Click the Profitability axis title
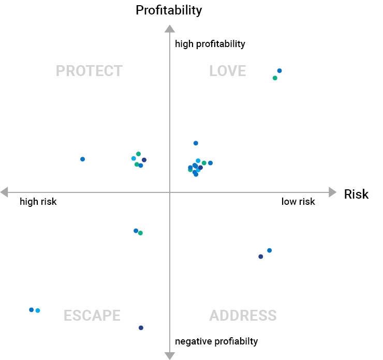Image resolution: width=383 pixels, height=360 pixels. (x=169, y=10)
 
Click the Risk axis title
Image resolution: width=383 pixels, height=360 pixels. (x=356, y=194)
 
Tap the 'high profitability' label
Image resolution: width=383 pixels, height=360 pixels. (x=210, y=44)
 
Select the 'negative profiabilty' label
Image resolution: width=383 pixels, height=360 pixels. (x=216, y=341)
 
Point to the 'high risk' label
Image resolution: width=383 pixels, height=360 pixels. (x=38, y=202)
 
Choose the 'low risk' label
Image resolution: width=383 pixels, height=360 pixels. (x=298, y=202)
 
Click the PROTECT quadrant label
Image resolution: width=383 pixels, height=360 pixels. (x=89, y=71)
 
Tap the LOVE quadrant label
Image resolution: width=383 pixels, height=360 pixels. (x=227, y=71)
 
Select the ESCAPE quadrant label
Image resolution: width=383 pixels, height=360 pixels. (x=92, y=316)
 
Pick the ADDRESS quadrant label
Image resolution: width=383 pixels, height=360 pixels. (x=243, y=316)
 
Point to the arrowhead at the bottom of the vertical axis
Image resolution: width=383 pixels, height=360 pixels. (x=169, y=355)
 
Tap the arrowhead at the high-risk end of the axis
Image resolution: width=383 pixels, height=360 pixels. (x=4, y=192)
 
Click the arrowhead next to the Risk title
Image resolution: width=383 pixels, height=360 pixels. (x=333, y=192)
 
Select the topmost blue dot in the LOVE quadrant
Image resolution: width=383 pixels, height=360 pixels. (x=279, y=71)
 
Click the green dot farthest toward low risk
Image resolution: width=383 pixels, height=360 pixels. (x=275, y=78)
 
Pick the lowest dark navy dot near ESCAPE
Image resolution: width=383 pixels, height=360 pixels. (x=141, y=327)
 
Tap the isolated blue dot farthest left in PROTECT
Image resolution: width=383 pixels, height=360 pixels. (x=82, y=159)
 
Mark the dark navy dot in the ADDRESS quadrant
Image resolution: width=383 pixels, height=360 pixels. (x=260, y=257)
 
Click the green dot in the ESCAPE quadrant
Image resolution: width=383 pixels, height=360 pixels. (x=140, y=233)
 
